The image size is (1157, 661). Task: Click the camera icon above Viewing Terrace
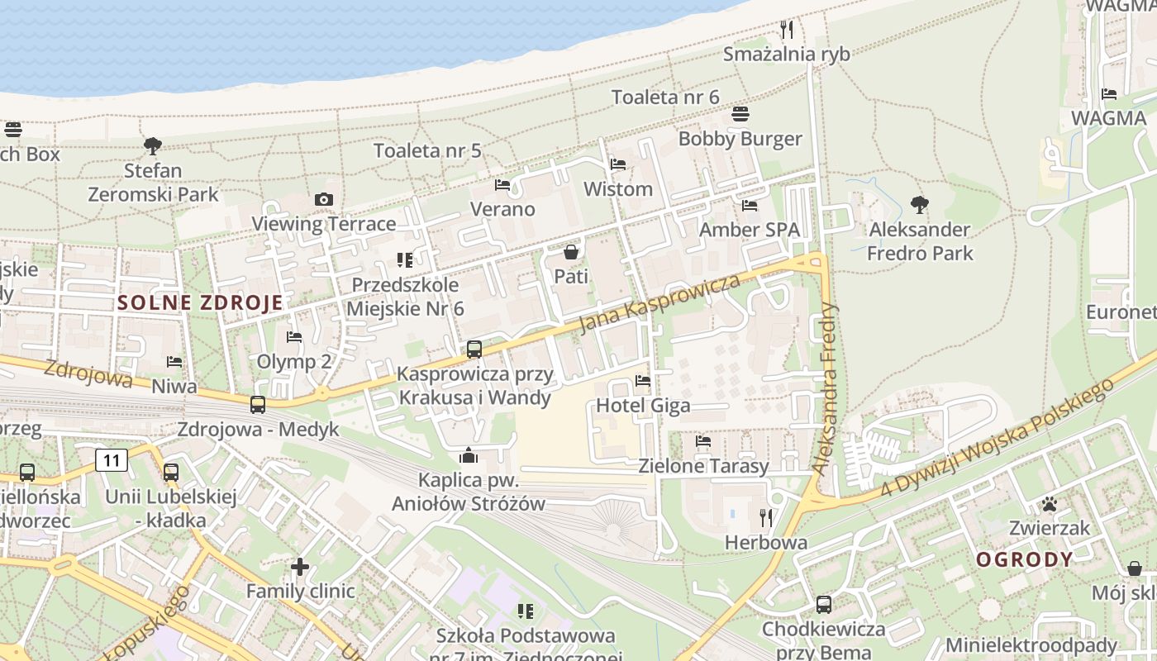click(x=324, y=199)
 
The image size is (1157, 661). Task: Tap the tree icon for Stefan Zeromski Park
click(x=152, y=146)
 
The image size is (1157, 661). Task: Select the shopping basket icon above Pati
click(x=570, y=251)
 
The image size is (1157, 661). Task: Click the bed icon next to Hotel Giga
click(x=642, y=381)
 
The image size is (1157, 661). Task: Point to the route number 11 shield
click(x=112, y=460)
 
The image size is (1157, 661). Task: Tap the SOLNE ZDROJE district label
click(x=200, y=302)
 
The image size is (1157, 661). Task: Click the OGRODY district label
click(x=1025, y=559)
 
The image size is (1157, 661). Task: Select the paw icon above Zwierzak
click(x=1050, y=503)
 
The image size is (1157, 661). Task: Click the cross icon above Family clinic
click(x=300, y=567)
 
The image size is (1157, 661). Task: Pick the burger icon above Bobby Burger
click(x=740, y=114)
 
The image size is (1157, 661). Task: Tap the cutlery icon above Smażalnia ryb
click(x=787, y=30)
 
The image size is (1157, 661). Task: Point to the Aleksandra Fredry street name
click(x=826, y=388)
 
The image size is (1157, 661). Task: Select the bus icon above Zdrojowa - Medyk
click(x=258, y=405)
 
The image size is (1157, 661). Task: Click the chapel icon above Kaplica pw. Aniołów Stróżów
click(x=469, y=455)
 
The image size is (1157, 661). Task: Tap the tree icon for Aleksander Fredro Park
click(x=919, y=204)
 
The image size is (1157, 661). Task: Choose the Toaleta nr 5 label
click(x=427, y=150)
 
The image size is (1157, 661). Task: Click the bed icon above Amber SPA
click(x=750, y=205)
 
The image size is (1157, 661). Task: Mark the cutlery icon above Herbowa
click(x=766, y=518)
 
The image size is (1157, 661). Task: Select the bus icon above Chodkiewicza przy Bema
click(x=823, y=604)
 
